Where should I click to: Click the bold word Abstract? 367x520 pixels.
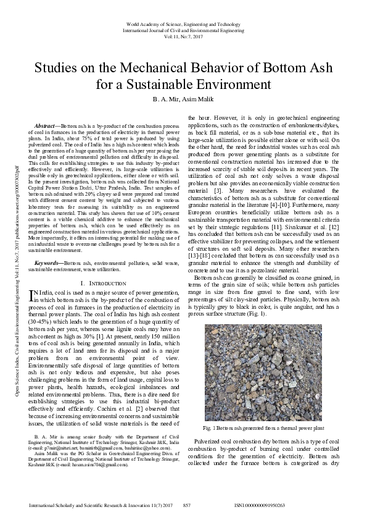click(47, 125)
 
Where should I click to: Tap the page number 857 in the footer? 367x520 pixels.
click(188, 505)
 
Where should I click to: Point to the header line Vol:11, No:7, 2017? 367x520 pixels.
click(183, 36)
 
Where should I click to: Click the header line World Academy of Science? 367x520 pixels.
click(183, 23)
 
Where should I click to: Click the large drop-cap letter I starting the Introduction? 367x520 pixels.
click(33, 297)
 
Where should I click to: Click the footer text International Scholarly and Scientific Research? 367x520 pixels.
click(99, 505)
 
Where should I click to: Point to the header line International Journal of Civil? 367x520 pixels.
click(183, 30)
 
